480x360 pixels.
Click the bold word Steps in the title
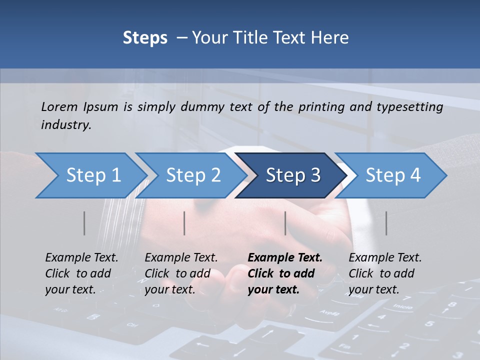pos(145,38)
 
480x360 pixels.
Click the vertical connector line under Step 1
pos(84,223)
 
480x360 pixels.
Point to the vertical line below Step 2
pos(184,223)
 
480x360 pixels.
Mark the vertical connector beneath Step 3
pos(285,223)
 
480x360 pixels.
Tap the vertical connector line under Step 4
pos(386,223)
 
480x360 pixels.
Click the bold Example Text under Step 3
pos(285,273)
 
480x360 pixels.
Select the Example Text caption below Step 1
pos(81,273)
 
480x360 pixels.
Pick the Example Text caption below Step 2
pos(181,273)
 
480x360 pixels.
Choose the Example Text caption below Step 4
pos(385,273)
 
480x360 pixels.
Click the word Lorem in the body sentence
pos(59,106)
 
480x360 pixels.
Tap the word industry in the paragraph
pos(65,125)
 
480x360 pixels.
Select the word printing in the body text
pos(327,106)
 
